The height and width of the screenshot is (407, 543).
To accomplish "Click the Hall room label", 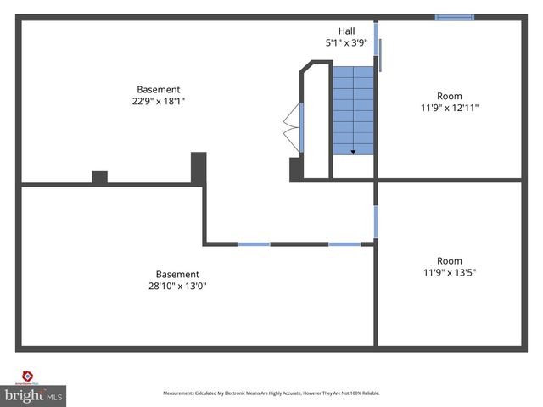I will click(346, 31).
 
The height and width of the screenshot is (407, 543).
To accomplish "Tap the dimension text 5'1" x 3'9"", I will click(346, 43).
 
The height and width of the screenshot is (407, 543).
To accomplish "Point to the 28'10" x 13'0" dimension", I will click(176, 287).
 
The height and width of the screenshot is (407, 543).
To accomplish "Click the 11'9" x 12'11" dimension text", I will click(449, 108).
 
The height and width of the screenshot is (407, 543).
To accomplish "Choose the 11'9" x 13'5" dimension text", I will click(449, 273).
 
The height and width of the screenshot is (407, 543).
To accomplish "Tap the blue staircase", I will click(352, 110).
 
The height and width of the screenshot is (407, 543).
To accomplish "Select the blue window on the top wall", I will click(455, 17).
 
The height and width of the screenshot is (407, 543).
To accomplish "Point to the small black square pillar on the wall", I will click(99, 177).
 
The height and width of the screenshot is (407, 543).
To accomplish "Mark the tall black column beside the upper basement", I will click(199, 167).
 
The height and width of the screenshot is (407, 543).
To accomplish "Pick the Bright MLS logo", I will click(34, 395).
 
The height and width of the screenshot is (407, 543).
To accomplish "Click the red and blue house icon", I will click(27, 376).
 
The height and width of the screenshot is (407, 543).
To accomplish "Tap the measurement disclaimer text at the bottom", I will click(271, 393).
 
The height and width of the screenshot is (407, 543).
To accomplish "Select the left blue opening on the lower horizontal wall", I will click(254, 244).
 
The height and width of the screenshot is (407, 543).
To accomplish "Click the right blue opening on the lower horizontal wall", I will click(344, 244).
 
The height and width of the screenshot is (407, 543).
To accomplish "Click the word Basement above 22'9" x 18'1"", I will click(159, 90).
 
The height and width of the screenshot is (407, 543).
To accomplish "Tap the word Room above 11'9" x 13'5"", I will click(449, 261).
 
